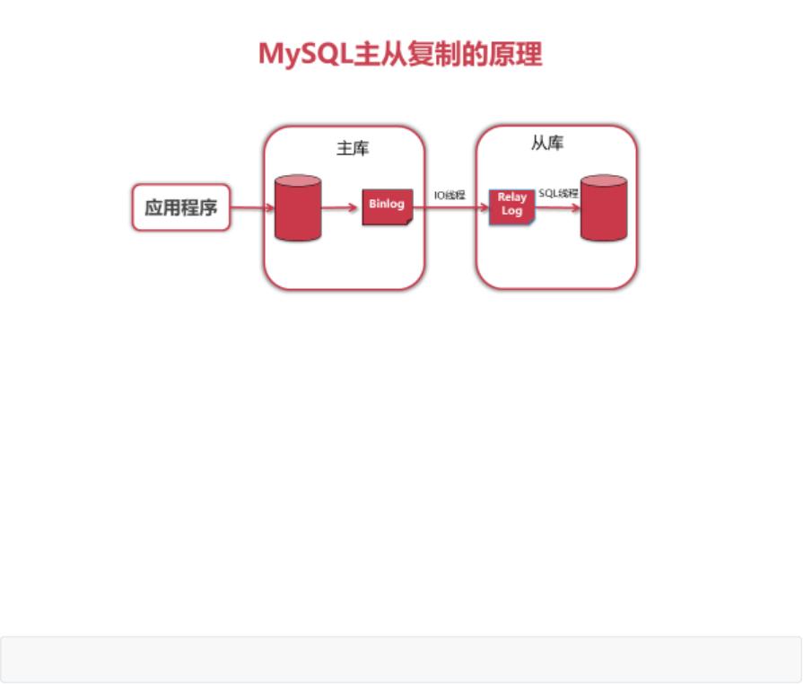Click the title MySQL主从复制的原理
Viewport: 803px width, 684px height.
coord(400,54)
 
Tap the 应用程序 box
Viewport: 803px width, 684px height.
coord(181,207)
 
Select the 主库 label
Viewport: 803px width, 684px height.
coord(353,148)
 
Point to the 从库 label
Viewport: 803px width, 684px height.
coord(547,144)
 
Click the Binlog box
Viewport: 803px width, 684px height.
coord(387,206)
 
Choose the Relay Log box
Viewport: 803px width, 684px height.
coord(511,206)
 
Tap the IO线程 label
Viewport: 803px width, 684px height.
coord(450,195)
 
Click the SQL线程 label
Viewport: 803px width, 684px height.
coord(558,193)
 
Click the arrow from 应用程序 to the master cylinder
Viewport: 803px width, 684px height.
coord(252,207)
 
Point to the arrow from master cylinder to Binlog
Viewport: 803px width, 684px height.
coord(340,207)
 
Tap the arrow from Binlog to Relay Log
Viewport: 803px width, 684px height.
coord(450,207)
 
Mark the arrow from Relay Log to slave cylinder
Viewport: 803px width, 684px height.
coord(557,207)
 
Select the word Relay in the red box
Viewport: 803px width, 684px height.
coord(511,197)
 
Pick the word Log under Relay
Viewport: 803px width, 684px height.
coord(511,212)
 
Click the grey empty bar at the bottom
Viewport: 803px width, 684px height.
coord(400,660)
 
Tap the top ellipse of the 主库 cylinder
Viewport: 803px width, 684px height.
coord(298,180)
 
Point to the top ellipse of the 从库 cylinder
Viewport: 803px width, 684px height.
coord(604,180)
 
